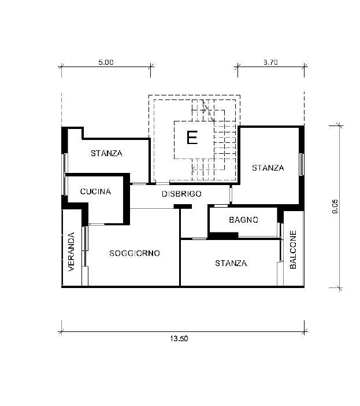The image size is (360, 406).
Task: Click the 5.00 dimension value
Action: (106, 62)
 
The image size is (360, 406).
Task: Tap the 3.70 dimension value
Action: (270, 62)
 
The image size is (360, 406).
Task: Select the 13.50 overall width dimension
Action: (179, 338)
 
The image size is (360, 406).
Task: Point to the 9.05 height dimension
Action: (335, 206)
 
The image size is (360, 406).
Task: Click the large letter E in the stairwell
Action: (192, 138)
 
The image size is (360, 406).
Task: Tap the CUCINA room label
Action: (95, 191)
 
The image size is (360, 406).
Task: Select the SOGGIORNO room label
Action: (135, 253)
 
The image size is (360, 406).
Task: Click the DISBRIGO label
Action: (181, 194)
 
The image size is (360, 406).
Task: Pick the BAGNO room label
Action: (244, 220)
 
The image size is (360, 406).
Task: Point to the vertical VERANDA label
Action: (71, 252)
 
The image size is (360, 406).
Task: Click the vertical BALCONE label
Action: (293, 250)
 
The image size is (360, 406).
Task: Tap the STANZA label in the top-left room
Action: (106, 153)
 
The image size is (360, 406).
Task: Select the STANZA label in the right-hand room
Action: (268, 168)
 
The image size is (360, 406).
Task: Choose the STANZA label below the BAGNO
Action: (231, 263)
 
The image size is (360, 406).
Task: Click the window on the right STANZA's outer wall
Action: (301, 164)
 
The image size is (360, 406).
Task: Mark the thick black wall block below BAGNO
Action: (224, 235)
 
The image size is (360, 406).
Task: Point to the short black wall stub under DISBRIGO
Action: (183, 206)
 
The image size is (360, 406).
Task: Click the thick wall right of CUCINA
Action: (127, 199)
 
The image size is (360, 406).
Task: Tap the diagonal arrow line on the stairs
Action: (209, 111)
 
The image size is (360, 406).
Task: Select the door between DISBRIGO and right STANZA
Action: (231, 194)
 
